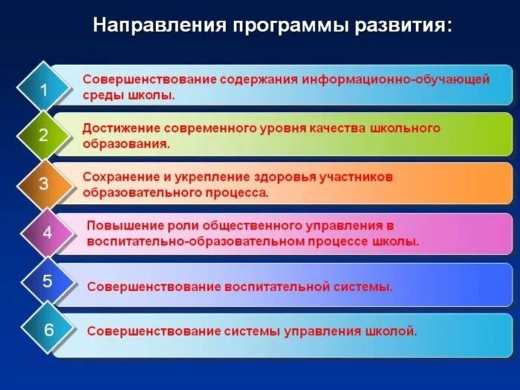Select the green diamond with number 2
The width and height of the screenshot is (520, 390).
44,136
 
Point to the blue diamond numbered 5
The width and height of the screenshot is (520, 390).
47,281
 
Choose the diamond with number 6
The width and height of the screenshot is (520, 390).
48,330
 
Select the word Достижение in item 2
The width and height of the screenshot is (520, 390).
118,128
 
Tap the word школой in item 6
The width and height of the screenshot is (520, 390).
393,331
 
